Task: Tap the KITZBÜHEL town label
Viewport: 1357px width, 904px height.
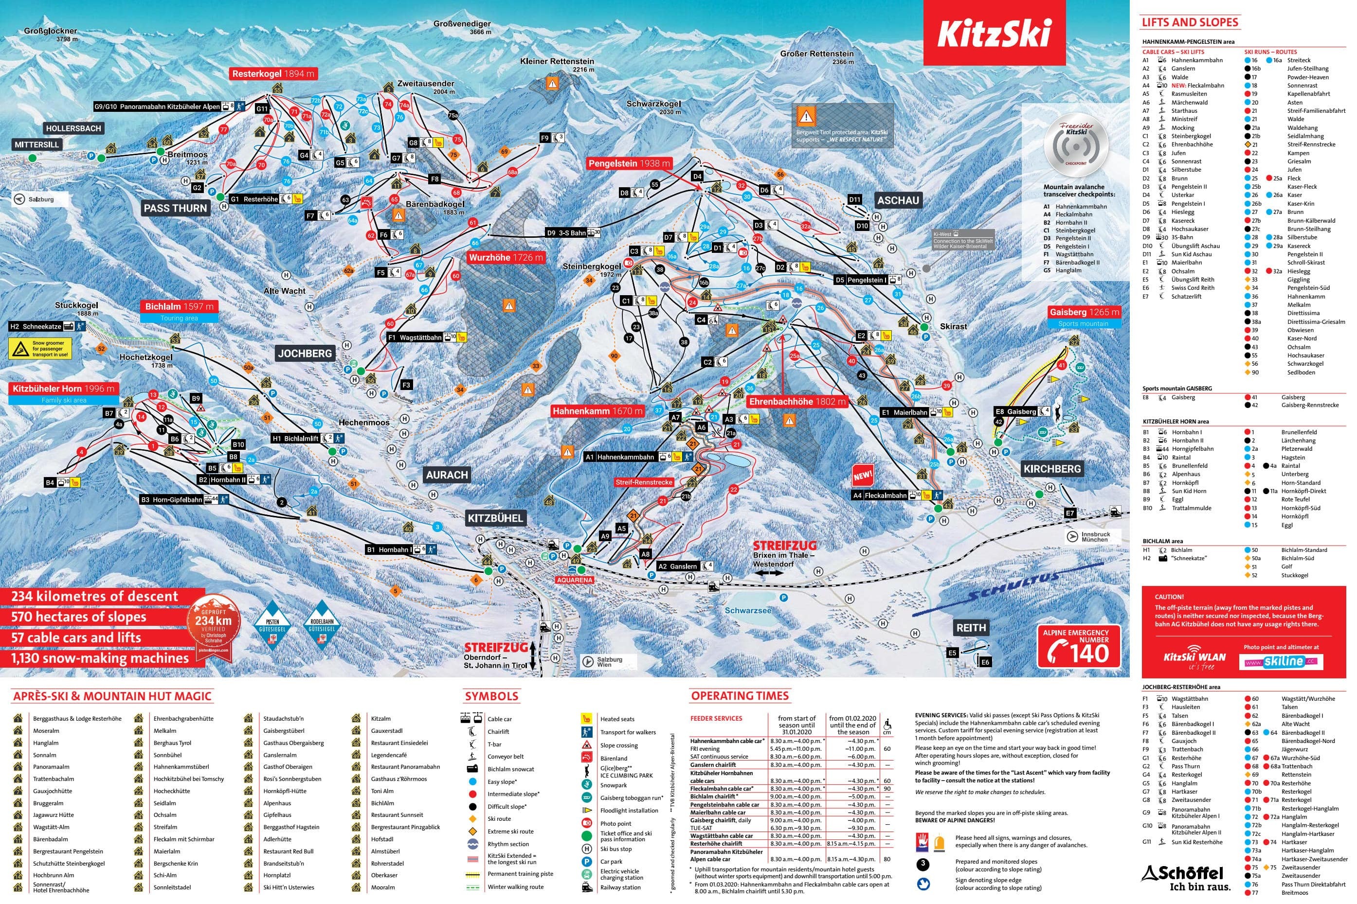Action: click(495, 518)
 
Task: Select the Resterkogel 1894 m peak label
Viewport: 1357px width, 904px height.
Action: click(273, 74)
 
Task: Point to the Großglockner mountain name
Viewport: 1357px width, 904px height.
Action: click(50, 31)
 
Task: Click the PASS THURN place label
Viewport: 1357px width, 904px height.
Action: click(175, 208)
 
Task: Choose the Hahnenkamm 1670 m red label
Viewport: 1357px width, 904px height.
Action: click(597, 411)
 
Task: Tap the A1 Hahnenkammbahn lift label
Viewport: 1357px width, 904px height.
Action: click(619, 457)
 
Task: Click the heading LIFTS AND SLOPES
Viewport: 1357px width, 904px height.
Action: click(1190, 22)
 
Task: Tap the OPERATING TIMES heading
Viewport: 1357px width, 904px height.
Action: click(740, 696)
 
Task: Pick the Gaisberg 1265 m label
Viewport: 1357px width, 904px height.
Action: click(1084, 312)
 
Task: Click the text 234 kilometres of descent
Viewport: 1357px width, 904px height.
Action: click(94, 596)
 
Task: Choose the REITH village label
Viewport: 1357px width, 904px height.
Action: click(971, 628)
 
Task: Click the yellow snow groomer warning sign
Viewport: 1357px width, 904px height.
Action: click(40, 348)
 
